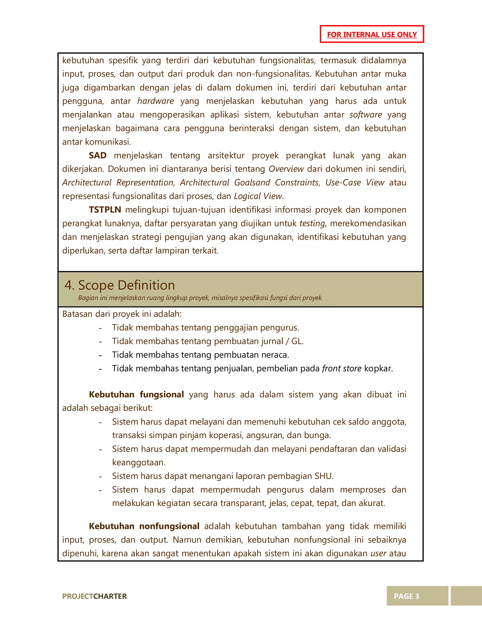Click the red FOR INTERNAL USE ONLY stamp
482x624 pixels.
(371, 34)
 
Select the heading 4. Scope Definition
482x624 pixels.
(119, 285)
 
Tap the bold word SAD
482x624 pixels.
(97, 155)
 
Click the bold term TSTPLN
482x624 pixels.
(105, 210)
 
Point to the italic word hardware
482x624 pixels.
(155, 101)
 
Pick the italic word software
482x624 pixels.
(366, 115)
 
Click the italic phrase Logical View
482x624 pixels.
(258, 196)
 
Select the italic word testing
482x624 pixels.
(312, 223)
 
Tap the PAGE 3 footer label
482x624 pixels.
(406, 596)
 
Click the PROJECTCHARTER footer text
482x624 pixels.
(94, 596)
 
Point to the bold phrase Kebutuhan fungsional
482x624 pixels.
(136, 395)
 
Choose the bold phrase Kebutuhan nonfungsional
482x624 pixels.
(144, 526)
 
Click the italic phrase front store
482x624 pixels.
(342, 369)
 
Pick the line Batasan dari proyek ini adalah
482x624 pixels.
(122, 314)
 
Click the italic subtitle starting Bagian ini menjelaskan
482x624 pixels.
(200, 298)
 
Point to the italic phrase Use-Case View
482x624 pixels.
(355, 183)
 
